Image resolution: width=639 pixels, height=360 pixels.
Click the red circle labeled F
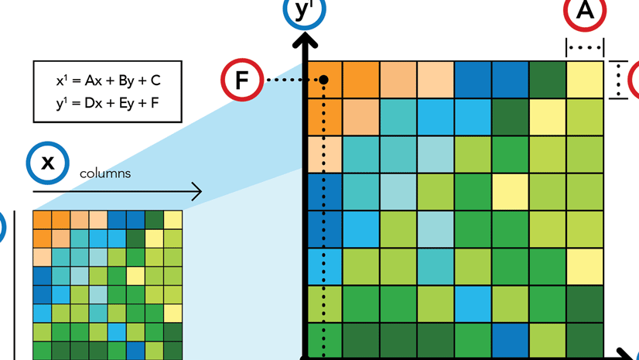[x=242, y=80]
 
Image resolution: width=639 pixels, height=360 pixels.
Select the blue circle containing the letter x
[x=48, y=162]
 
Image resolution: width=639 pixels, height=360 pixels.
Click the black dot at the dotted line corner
[x=324, y=80]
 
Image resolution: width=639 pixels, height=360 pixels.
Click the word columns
[x=105, y=173]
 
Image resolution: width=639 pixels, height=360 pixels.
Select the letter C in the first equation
[x=155, y=81]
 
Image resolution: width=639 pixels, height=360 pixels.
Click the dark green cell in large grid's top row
[x=548, y=80]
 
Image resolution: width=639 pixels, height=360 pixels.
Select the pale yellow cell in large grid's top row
[x=585, y=80]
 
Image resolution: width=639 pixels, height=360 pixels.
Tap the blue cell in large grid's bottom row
[x=510, y=341]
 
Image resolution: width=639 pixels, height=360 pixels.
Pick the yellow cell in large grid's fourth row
[x=510, y=192]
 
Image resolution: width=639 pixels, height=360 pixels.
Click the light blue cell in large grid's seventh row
[x=472, y=304]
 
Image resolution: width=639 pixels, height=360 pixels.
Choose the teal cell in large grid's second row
[x=398, y=118]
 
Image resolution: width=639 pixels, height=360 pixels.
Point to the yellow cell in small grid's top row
[x=173, y=219]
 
